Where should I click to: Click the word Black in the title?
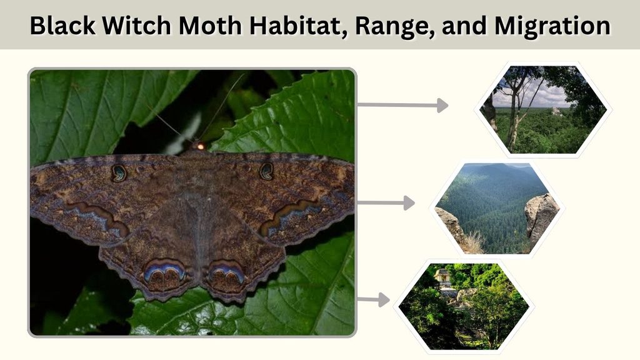coord(63,25)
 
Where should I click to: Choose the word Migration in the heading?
coord(552,26)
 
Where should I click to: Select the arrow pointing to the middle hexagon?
coord(386,203)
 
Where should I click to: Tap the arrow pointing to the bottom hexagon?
coord(374,300)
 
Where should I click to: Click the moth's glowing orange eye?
coord(201,146)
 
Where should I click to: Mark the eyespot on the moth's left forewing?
coord(119,173)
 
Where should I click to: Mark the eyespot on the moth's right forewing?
coord(266,171)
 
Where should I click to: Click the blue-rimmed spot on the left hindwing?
coord(165,274)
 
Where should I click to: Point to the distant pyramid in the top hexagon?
coord(556,111)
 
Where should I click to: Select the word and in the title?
coord(464,26)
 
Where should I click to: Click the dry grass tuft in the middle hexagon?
coord(472,242)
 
